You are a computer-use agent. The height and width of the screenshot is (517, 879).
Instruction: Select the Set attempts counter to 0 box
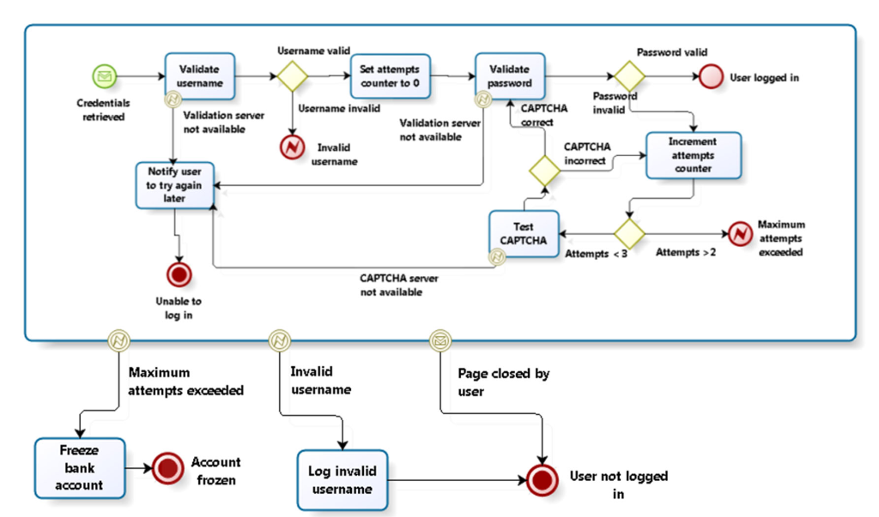point(390,76)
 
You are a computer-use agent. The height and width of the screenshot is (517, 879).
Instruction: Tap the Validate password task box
point(509,75)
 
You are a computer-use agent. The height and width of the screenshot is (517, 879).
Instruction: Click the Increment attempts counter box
point(693,154)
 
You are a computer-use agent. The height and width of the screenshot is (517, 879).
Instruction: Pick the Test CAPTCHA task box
point(524,232)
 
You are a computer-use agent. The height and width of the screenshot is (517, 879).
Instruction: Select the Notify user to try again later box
point(174,184)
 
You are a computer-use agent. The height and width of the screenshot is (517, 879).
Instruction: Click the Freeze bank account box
point(81,467)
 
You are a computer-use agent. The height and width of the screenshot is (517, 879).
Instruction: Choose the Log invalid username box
point(342,479)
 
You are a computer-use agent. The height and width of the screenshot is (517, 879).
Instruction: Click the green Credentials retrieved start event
point(104,77)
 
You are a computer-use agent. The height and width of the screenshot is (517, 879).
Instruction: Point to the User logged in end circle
point(710,76)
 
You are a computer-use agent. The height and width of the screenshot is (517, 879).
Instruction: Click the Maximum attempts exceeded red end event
point(739,232)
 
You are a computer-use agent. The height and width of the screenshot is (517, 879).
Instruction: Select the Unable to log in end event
point(179,275)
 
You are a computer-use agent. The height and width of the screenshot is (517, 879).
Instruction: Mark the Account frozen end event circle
point(167,468)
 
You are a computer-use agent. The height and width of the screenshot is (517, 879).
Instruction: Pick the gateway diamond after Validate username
point(291,75)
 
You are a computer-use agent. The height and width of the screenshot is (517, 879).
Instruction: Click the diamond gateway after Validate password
point(627,75)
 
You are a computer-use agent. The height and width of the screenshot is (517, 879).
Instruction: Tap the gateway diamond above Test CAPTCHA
point(543,171)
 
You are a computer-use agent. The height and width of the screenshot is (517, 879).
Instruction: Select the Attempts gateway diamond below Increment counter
point(628,232)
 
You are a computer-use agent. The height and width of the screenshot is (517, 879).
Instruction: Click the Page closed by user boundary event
point(439,341)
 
